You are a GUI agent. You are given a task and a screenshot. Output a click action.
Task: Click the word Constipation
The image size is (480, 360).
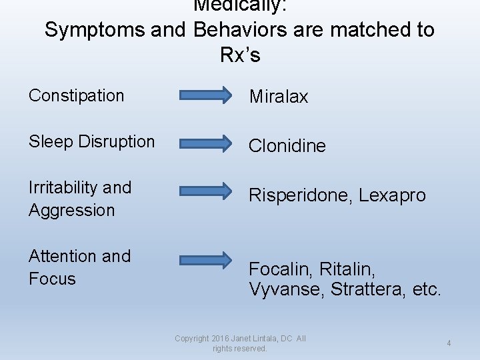(76, 95)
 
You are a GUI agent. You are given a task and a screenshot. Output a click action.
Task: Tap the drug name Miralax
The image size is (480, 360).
(279, 97)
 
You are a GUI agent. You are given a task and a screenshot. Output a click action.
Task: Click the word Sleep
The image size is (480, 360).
(51, 142)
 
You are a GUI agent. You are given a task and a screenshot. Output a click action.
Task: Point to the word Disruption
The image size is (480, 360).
(116, 142)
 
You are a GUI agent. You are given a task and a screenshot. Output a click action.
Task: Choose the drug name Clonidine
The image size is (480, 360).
(287, 146)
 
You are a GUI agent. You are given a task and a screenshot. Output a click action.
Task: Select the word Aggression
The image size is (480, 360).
(71, 210)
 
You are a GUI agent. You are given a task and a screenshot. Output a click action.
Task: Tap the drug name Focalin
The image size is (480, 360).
(280, 269)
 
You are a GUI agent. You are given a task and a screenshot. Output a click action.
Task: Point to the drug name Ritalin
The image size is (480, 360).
(347, 269)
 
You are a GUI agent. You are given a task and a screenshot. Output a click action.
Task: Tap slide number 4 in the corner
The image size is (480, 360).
(449, 343)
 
